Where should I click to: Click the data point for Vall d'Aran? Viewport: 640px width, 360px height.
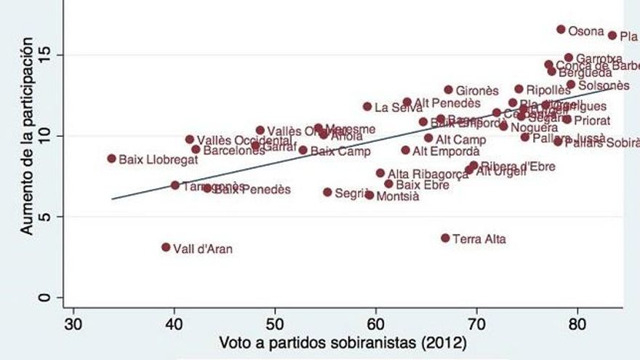pos(166,247)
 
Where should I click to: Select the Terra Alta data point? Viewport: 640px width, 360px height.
pos(445,238)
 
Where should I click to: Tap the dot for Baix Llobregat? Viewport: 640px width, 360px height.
pos(111,158)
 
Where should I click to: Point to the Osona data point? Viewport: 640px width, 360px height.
pos(561,29)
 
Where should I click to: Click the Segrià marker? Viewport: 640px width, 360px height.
pos(327,192)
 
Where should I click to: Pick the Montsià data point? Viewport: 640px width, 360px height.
pos(369,195)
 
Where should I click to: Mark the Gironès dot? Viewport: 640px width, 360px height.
pos(448,89)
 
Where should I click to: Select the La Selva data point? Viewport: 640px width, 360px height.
pos(367,106)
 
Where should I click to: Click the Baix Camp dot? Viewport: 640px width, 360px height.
pos(303,150)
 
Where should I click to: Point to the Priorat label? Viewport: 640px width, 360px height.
pos(592,121)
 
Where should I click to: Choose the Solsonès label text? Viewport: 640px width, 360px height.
pos(604,86)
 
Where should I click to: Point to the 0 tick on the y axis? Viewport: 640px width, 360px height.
pos(48,297)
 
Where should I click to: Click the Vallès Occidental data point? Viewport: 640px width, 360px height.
pos(190,139)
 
